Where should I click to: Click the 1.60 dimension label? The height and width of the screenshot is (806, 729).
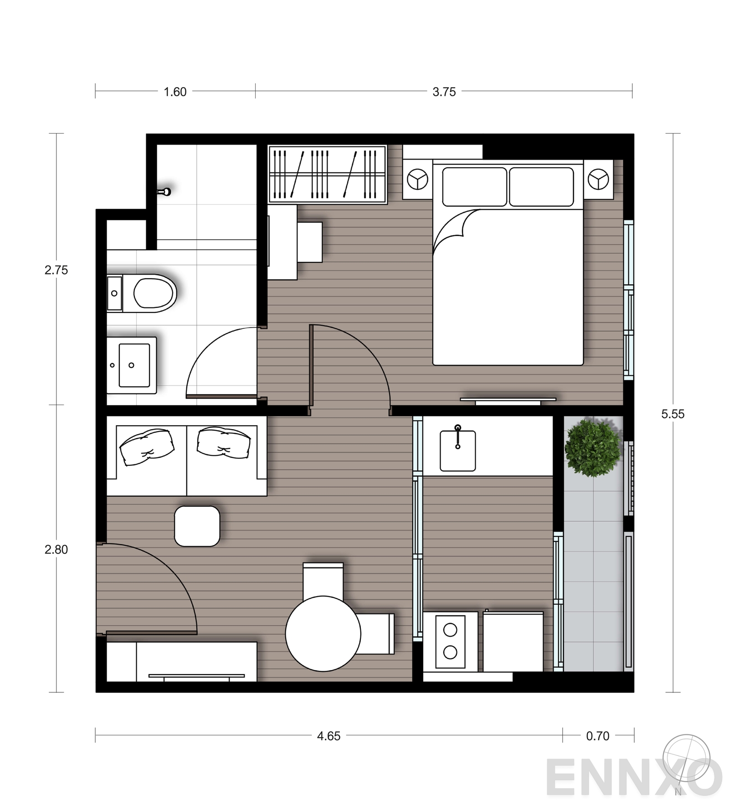coord(175,92)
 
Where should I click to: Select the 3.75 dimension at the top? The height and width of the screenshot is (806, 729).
coord(444,92)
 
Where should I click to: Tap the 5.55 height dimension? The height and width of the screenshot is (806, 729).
coord(673,414)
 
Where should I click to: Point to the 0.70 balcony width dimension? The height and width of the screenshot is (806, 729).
coord(597,736)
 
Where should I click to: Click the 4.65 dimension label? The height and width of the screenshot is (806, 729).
coord(329,736)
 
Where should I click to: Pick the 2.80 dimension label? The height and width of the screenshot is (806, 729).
coord(56,549)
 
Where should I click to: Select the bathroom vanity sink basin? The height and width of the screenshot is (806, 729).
coord(134,365)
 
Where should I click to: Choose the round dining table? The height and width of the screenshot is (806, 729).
coord(323,633)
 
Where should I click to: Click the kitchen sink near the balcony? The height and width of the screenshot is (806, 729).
coord(457,451)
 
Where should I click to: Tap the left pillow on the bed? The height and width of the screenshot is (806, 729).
coord(474,187)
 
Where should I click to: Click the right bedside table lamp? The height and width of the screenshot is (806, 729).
coord(598,179)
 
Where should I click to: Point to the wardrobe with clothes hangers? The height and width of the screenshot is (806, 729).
coord(327,174)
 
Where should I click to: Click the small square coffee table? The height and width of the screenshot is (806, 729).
coord(197,526)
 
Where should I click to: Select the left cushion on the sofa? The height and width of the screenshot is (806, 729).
coord(147,447)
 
